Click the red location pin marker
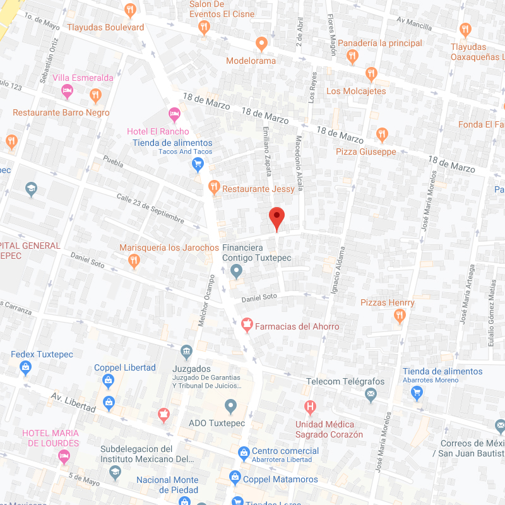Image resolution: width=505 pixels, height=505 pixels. (x=276, y=218)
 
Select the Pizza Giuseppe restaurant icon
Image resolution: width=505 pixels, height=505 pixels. (x=381, y=134)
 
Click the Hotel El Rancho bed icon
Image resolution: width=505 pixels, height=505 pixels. (x=175, y=115)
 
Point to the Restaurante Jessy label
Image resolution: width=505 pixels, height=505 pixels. (x=258, y=189)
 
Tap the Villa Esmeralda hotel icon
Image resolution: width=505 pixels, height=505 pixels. (x=67, y=93)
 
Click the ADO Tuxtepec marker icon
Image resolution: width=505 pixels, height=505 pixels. (x=230, y=405)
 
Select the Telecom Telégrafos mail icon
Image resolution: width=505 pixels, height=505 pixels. (x=371, y=396)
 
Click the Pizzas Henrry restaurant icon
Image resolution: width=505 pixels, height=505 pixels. (x=399, y=317)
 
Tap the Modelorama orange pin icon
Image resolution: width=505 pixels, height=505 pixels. (x=261, y=44)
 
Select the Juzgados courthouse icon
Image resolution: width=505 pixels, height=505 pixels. (x=186, y=352)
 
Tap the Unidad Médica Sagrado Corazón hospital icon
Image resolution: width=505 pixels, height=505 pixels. (x=310, y=407)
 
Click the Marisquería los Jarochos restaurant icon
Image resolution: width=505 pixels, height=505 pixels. (x=133, y=261)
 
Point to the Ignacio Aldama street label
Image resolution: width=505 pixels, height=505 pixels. (x=336, y=270)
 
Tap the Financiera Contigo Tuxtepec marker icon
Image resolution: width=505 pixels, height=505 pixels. (x=236, y=272)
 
